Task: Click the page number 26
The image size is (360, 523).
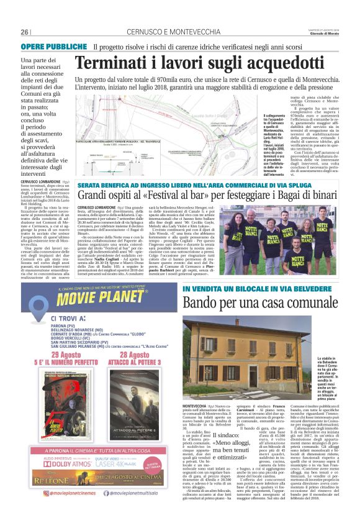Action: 25,32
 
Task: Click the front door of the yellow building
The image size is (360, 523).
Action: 271,371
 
